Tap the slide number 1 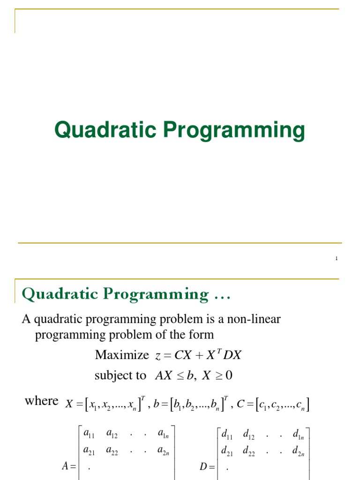337,259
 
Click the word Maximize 121,355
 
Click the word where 41,401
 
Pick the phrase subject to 120,376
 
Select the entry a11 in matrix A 89,434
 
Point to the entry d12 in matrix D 249,434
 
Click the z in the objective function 157,356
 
